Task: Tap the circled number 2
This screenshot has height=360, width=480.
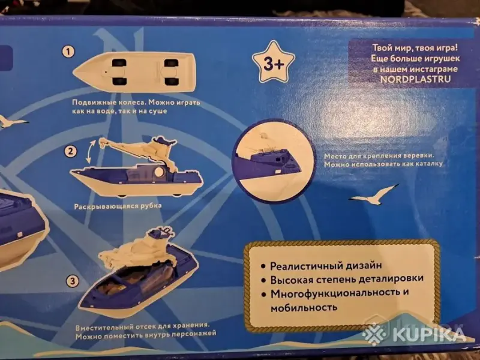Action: tap(71, 151)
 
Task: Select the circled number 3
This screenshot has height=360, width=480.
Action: tap(73, 280)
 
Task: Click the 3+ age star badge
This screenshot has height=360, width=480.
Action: tap(273, 63)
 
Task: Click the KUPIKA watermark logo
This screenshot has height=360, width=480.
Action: tap(415, 334)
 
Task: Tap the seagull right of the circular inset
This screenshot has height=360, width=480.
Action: tap(373, 194)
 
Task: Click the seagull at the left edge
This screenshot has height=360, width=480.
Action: tap(12, 122)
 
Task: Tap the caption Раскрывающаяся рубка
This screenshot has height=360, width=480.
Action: tap(118, 206)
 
